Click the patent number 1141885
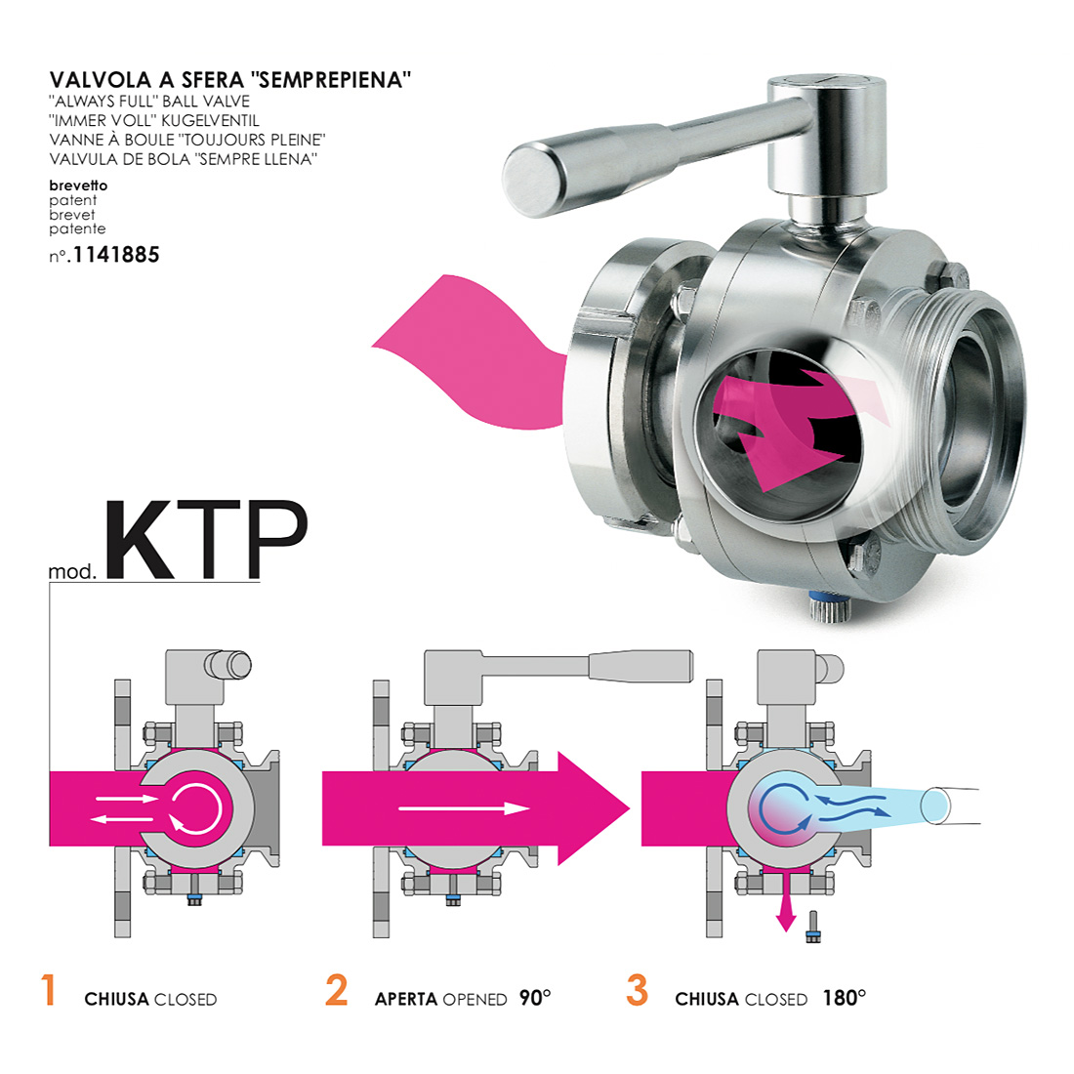(116, 255)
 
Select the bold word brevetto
(78, 185)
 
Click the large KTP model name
(205, 541)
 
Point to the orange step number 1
(48, 990)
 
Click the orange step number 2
(336, 990)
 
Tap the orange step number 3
(637, 990)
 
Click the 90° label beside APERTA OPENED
(535, 998)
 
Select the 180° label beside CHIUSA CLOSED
(845, 998)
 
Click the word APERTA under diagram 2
(406, 1000)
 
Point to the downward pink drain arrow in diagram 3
(786, 905)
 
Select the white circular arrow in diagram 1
(195, 808)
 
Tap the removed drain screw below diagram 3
(813, 926)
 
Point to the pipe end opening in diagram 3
(934, 806)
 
